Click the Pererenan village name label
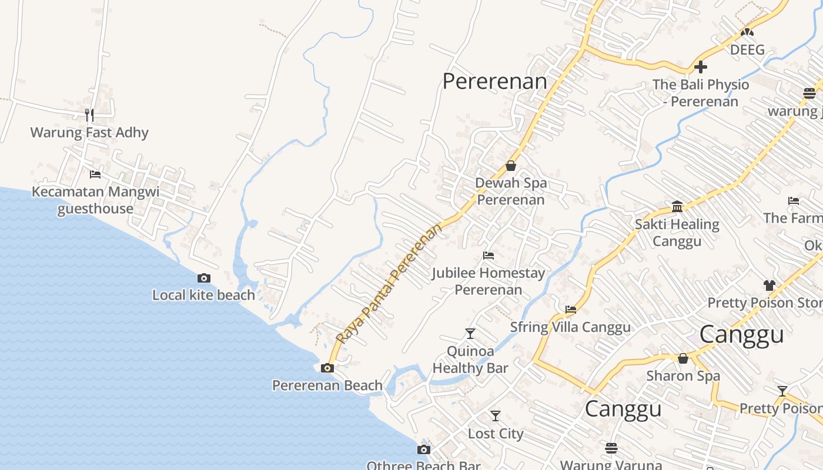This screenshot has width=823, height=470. (x=494, y=82)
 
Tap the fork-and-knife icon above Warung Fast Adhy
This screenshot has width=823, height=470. (x=89, y=114)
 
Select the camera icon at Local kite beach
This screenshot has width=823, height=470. (x=204, y=278)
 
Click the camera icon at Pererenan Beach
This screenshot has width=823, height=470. (x=327, y=368)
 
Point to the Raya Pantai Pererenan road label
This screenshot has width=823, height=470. (x=389, y=284)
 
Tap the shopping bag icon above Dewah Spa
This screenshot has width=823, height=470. (x=511, y=166)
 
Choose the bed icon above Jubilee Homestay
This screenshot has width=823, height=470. (x=488, y=256)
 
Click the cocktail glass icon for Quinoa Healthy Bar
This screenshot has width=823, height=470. (x=470, y=334)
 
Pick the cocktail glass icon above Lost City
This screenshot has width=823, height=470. (x=496, y=416)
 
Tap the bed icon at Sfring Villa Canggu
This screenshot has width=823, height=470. (x=571, y=310)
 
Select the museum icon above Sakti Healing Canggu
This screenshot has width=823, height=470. (x=677, y=207)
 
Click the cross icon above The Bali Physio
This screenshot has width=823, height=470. (x=701, y=67)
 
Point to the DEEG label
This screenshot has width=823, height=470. (x=747, y=49)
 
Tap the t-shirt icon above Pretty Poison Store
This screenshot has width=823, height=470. (x=770, y=286)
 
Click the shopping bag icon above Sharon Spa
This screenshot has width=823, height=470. (x=683, y=358)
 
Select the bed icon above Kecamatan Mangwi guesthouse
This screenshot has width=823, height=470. (x=95, y=174)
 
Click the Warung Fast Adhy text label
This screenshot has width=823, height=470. (x=89, y=132)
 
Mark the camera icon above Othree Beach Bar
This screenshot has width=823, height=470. (x=424, y=450)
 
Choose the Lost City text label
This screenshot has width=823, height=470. (x=496, y=434)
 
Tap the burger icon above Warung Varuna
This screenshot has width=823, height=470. (x=611, y=448)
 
